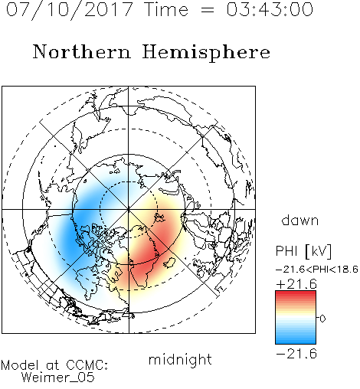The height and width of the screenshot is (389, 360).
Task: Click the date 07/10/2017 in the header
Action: tap(70, 10)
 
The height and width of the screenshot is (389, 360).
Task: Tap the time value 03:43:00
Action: tap(270, 9)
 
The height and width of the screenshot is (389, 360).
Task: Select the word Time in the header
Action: tap(166, 9)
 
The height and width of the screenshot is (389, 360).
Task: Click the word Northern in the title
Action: tap(82, 52)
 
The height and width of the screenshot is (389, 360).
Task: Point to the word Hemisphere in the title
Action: tap(206, 53)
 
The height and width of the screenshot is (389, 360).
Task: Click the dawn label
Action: tap(300, 220)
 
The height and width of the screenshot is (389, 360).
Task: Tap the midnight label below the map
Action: tap(180, 360)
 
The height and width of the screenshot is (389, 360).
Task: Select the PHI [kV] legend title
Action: tap(303, 251)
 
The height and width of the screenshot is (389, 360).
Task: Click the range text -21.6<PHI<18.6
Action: tap(317, 270)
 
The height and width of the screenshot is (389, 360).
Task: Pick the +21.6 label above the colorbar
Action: tap(296, 284)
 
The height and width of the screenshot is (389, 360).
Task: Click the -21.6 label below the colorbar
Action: tap(296, 354)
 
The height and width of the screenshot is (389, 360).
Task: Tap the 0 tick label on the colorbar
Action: tap(322, 319)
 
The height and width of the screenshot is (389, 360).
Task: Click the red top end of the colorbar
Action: tap(296, 293)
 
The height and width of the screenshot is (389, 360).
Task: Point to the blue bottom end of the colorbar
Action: tap(296, 342)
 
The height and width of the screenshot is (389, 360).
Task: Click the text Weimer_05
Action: tap(58, 378)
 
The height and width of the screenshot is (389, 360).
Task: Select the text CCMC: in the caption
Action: tap(87, 365)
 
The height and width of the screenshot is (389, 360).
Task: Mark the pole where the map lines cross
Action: tap(129, 210)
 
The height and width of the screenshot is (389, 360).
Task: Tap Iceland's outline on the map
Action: tap(169, 263)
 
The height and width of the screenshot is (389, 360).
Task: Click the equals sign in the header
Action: tap(208, 10)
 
